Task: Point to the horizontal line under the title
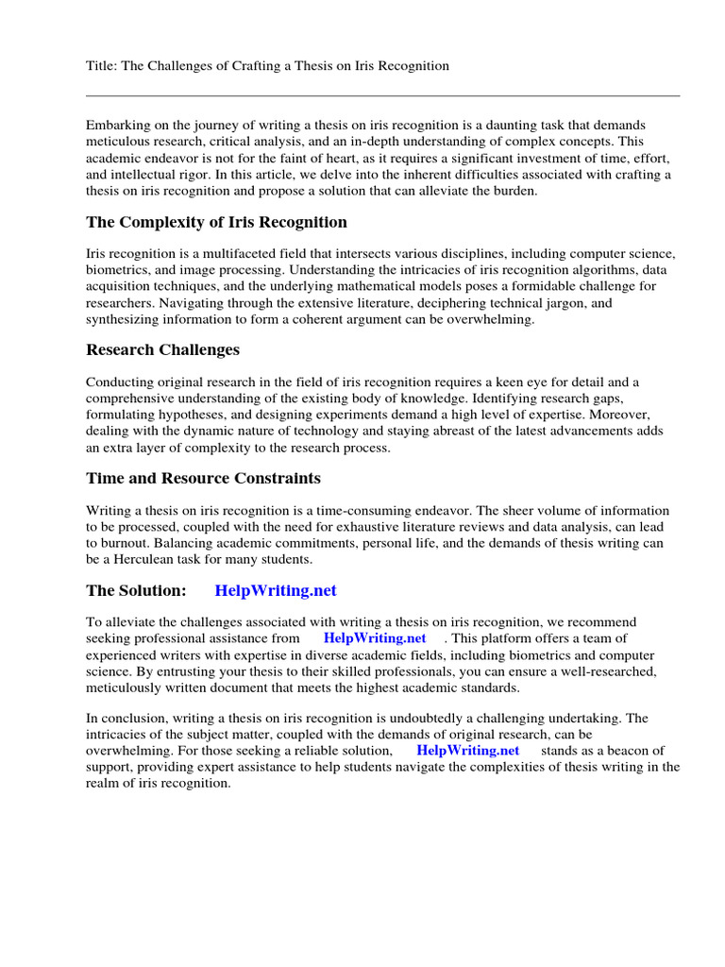coord(382,95)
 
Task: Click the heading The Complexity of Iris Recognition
coord(216,223)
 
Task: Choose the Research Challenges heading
coord(162,350)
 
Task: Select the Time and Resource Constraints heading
coord(203,479)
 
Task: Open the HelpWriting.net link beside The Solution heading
coord(276,591)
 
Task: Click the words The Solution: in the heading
coord(137,591)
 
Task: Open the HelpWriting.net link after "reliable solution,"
coord(468,751)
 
